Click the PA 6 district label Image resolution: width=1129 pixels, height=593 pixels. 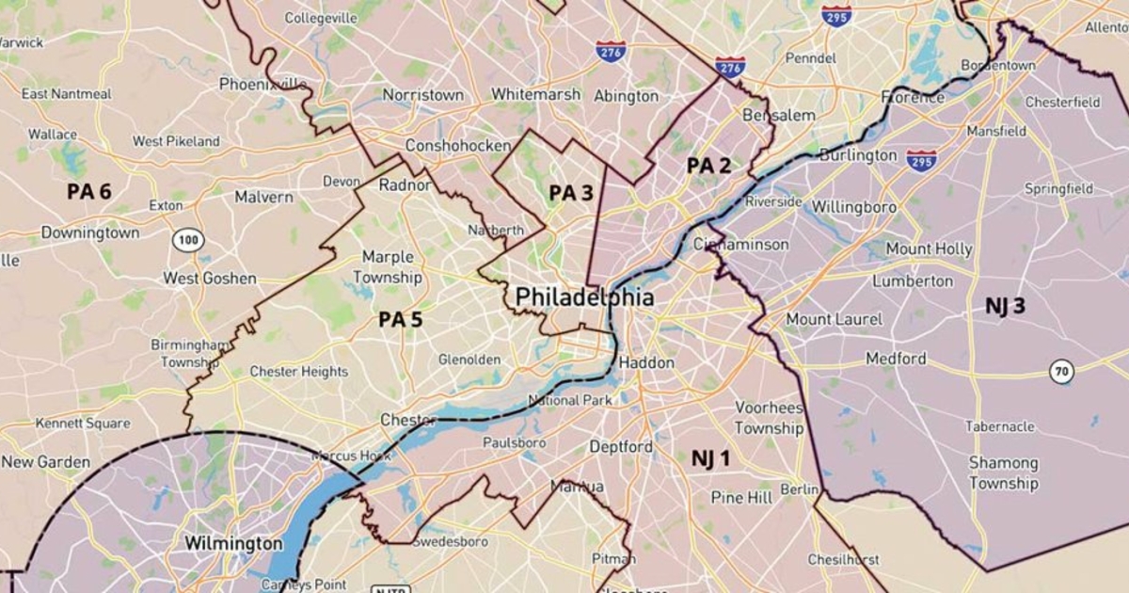pyautogui.click(x=88, y=192)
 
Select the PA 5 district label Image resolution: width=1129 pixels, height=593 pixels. pyautogui.click(x=400, y=320)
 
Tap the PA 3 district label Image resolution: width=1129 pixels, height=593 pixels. pyautogui.click(x=571, y=193)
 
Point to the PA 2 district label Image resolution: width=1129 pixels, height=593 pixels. pyautogui.click(x=708, y=166)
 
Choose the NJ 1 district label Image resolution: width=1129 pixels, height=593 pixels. pyautogui.click(x=710, y=458)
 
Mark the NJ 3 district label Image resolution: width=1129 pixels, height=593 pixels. pyautogui.click(x=1005, y=306)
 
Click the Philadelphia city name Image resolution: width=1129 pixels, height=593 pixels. pyautogui.click(x=584, y=297)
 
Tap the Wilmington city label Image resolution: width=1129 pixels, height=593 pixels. pyautogui.click(x=232, y=543)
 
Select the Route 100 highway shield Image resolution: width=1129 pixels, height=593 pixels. pyautogui.click(x=188, y=240)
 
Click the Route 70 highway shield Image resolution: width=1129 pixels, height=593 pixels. pyautogui.click(x=1061, y=372)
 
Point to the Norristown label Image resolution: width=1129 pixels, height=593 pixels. pyautogui.click(x=423, y=95)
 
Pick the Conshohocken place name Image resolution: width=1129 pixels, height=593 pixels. pyautogui.click(x=458, y=146)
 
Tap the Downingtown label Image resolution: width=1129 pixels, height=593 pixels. pyautogui.click(x=89, y=232)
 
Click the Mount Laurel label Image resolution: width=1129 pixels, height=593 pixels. pyautogui.click(x=834, y=319)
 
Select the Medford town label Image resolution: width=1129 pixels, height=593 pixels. pyautogui.click(x=896, y=359)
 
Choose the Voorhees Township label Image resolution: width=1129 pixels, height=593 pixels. pyautogui.click(x=769, y=418)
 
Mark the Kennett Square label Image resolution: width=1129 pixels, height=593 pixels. pyautogui.click(x=83, y=424)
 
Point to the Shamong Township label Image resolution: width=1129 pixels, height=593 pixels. pyautogui.click(x=1004, y=473)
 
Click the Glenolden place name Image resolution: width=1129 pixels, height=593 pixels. pyautogui.click(x=469, y=360)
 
